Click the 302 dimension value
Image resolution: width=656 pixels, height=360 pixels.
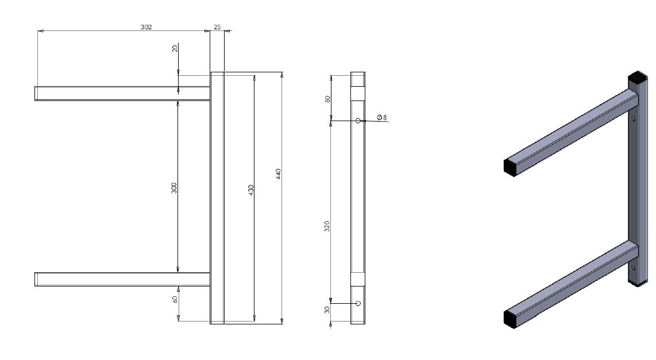(146, 26)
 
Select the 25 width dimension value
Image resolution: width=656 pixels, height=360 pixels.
(217, 26)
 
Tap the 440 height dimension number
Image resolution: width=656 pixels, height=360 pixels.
(279, 173)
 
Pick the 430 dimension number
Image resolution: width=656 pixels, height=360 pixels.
(251, 190)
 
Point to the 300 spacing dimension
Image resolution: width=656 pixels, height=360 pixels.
(174, 188)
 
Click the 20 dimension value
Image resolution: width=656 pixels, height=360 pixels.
(175, 49)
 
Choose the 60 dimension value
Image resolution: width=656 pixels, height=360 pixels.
(175, 299)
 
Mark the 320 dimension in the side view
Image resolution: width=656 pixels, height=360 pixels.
(327, 226)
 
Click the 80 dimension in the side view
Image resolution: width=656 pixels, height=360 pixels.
(327, 98)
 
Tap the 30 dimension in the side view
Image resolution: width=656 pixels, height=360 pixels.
(327, 309)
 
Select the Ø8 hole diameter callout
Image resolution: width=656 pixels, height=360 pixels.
(382, 117)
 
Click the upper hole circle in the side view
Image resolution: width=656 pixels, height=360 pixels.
(358, 121)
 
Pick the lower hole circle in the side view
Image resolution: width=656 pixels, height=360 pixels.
(358, 303)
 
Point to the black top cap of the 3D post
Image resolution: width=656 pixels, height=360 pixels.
(638, 77)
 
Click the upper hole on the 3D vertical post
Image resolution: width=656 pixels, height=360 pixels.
(633, 119)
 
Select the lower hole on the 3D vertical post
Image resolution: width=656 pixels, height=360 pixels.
(633, 268)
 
